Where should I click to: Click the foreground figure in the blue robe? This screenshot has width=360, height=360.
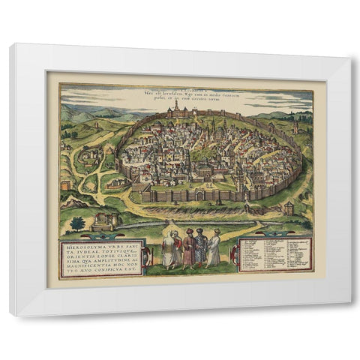[x=200, y=249]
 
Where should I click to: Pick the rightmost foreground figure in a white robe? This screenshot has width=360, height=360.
[x=214, y=249]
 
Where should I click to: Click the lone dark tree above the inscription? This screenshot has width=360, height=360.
[x=77, y=223]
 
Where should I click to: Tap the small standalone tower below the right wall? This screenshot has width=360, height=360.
[x=289, y=208]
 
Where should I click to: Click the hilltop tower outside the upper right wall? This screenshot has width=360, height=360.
[x=295, y=127]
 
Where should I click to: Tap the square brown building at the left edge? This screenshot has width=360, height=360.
[x=65, y=184]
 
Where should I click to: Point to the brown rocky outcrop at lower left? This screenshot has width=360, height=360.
[x=73, y=201]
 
